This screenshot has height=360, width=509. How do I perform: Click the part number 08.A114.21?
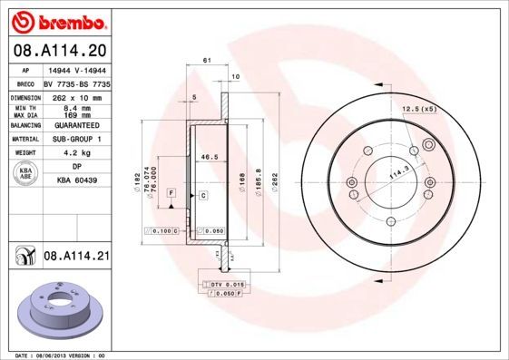[76, 258]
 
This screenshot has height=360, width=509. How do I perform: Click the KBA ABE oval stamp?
[26, 173]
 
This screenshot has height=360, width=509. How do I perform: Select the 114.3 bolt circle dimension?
[396, 171]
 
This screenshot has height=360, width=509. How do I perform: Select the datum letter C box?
[202, 195]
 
